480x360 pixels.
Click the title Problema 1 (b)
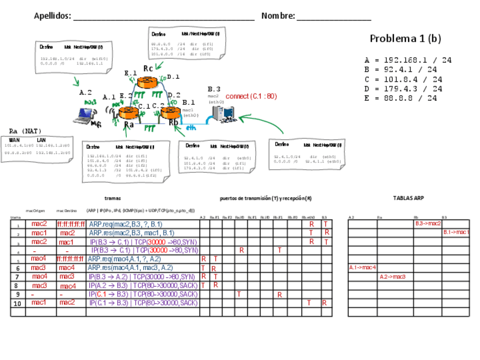pyautogui.click(x=405, y=38)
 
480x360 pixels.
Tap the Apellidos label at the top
pyautogui.click(x=52, y=16)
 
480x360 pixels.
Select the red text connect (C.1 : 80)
pyautogui.click(x=251, y=96)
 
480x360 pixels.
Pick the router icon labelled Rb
pyautogui.click(x=170, y=112)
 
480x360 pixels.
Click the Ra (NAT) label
pyautogui.click(x=25, y=131)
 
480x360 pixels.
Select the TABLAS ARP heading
pyautogui.click(x=408, y=198)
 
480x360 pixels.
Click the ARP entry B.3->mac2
pyautogui.click(x=428, y=224)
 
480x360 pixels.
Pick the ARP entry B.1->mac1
pyautogui.click(x=456, y=232)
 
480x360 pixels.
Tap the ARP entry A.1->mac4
pyautogui.click(x=362, y=267)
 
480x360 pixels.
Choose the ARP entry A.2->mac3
pyautogui.click(x=392, y=276)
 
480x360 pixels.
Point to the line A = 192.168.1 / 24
pyautogui.click(x=408, y=59)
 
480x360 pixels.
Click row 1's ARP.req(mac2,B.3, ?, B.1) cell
pyautogui.click(x=125, y=224)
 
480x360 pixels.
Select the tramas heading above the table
pyautogui.click(x=113, y=198)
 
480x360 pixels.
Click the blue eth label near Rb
pyautogui.click(x=191, y=127)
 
